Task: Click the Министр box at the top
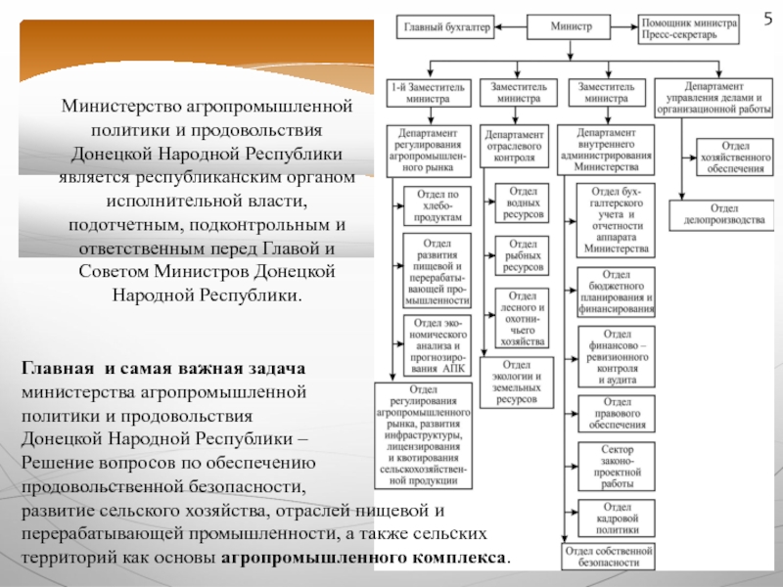(572, 26)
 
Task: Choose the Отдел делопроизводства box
(725, 214)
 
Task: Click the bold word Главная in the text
(58, 369)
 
